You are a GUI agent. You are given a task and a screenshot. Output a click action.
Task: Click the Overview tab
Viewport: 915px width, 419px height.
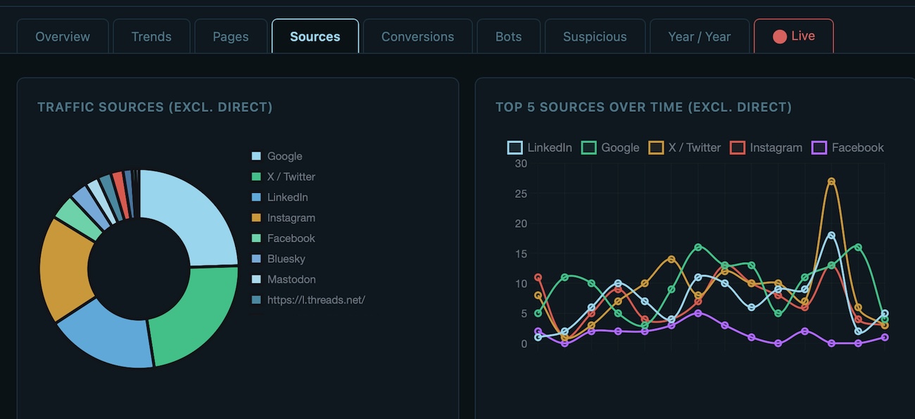click(63, 37)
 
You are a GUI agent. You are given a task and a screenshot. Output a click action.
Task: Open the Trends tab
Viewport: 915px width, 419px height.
click(151, 37)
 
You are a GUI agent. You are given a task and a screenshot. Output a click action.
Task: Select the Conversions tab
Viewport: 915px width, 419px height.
click(417, 37)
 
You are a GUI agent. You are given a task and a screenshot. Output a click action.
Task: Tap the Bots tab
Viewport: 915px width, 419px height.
click(508, 37)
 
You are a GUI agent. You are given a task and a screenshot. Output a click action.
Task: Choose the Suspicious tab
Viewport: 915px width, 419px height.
click(595, 37)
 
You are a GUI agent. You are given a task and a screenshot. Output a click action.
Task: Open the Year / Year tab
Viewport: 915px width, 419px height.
click(699, 37)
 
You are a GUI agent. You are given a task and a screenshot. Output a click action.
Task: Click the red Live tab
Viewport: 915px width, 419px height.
click(794, 36)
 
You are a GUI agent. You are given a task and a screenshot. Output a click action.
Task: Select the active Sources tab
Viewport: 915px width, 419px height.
click(315, 37)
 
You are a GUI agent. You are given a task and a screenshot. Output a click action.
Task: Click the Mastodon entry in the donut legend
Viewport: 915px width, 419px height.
click(291, 280)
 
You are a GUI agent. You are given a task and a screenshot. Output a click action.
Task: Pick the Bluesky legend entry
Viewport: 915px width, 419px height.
click(286, 259)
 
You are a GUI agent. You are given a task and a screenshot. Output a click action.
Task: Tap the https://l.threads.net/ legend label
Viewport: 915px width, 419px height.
click(316, 300)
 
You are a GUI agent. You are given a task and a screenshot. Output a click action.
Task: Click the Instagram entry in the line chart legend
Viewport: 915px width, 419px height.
click(776, 148)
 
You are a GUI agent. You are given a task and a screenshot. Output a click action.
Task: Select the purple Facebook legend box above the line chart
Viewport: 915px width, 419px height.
click(819, 148)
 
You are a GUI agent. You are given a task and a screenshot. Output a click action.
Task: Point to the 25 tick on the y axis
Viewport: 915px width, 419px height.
click(521, 194)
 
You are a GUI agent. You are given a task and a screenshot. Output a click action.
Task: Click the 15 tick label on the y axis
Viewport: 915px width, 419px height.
click(521, 254)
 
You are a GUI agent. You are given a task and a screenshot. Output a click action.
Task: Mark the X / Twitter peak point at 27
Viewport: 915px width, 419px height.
click(831, 182)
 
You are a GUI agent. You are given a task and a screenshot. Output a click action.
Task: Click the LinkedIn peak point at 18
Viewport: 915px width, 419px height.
click(831, 235)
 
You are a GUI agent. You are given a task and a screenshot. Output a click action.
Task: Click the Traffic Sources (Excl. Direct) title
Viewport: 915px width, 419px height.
click(155, 107)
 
